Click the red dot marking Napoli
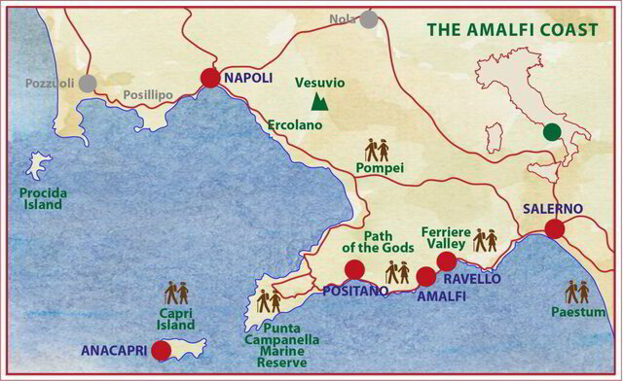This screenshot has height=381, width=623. tap(210, 79)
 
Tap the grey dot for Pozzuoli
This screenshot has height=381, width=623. tap(88, 83)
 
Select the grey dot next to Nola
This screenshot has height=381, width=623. tap(368, 18)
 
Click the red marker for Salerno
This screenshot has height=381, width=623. tap(554, 228)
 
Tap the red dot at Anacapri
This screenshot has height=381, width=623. tap(162, 351)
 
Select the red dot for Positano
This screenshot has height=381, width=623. tap(354, 269)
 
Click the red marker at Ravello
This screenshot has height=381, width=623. tap(447, 260)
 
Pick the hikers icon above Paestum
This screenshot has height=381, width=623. tap(577, 291)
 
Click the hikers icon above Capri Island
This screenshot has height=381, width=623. tap(176, 293)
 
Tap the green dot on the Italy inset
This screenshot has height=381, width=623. tap(552, 131)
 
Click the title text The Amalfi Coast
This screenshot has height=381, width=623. tap(510, 30)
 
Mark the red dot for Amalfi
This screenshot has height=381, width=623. tap(425, 276)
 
